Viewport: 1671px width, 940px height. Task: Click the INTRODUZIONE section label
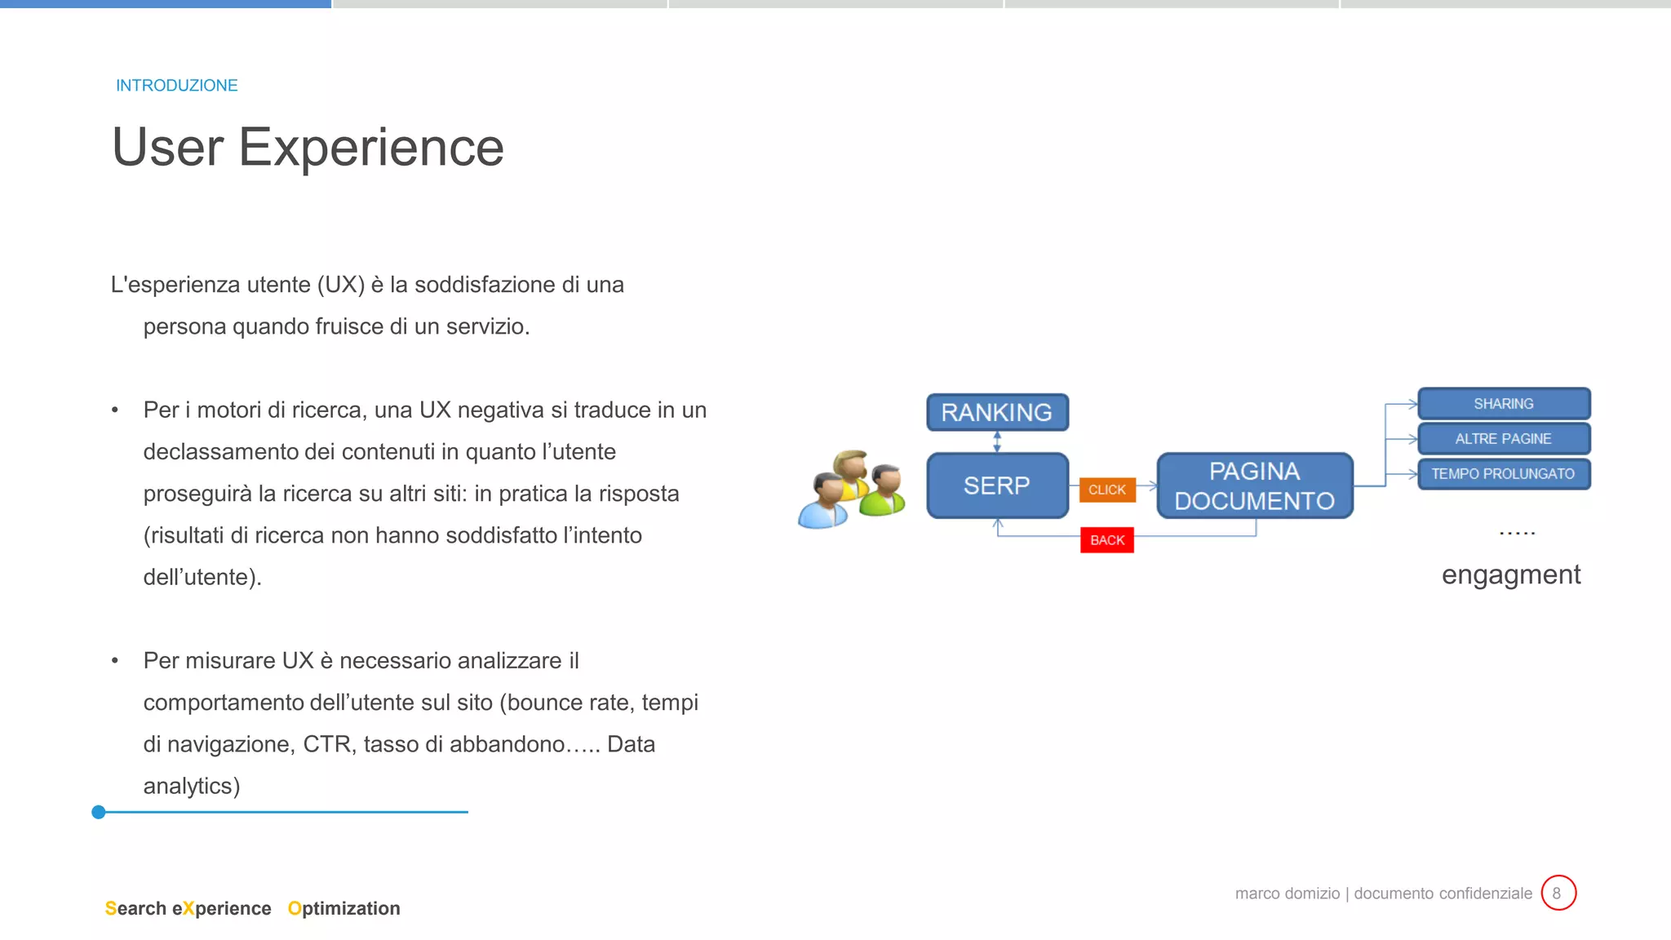[176, 86]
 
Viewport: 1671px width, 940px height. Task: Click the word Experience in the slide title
[370, 148]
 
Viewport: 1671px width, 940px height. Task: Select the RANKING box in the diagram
[996, 412]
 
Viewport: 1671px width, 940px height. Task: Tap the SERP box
[996, 486]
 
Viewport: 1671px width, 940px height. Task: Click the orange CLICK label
[1106, 490]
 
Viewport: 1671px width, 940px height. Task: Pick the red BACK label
[1106, 540]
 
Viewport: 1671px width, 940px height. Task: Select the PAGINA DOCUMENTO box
[1254, 486]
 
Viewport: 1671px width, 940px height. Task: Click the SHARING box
[1503, 404]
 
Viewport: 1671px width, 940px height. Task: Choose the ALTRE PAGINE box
[1503, 439]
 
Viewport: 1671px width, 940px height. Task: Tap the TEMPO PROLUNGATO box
[1503, 474]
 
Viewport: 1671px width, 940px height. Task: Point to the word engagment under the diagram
[1510, 575]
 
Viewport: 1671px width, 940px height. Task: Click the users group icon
[852, 490]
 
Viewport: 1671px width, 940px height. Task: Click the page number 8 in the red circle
[1558, 893]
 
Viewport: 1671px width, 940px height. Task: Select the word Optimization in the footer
[344, 908]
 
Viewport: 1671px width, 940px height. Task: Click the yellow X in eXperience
[188, 908]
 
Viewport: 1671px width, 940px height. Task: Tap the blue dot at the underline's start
[99, 812]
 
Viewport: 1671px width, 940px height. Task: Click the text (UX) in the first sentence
[340, 285]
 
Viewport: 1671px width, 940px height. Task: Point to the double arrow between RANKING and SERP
[997, 441]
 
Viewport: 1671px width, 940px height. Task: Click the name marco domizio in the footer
[1287, 893]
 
